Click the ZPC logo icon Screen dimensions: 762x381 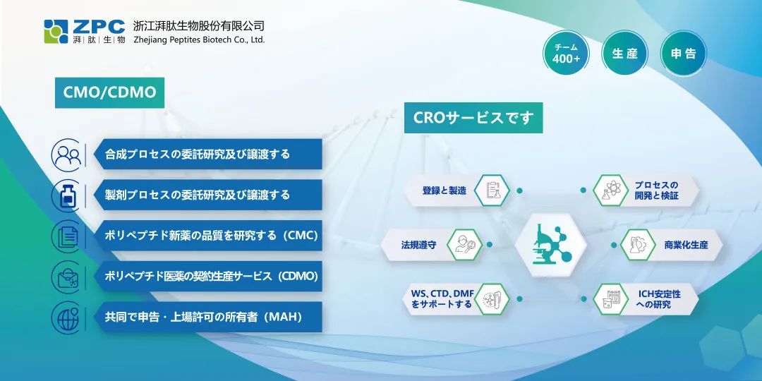point(56,32)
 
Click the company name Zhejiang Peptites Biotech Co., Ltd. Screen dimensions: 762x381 point(199,40)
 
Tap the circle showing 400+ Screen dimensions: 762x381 point(566,54)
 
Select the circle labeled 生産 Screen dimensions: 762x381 point(624,54)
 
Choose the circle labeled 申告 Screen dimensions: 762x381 point(684,54)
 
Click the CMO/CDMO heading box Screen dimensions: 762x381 point(110,93)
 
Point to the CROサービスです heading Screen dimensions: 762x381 point(473,118)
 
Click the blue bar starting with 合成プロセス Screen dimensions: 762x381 point(207,154)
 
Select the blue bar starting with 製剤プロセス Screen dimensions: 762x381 point(207,195)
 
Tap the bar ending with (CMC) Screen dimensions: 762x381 point(207,236)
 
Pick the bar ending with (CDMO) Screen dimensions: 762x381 point(207,276)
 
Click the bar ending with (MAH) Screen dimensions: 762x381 point(207,317)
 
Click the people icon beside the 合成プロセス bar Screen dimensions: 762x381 point(68,155)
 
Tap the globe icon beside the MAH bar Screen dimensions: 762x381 point(68,317)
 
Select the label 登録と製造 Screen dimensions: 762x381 point(445,190)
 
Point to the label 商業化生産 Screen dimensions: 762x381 point(687,245)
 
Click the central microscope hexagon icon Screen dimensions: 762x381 point(550,244)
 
